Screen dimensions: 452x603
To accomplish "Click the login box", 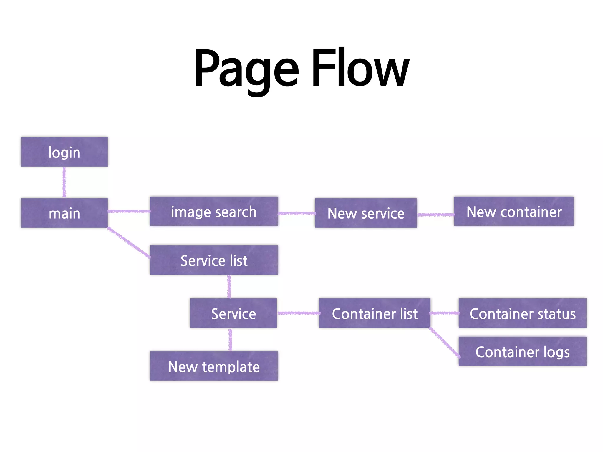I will (64, 152).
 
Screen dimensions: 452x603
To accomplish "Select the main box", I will (64, 213).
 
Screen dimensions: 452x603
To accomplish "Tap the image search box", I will (214, 211).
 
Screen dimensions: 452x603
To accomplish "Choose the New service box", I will (366, 213).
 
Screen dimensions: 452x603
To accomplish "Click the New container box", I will (513, 211).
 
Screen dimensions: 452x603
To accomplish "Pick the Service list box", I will (214, 260).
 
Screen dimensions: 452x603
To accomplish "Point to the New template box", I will (214, 366).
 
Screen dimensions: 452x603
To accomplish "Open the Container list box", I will (375, 313).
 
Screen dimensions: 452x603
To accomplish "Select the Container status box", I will (522, 313).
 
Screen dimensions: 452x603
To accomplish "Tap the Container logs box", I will (522, 351).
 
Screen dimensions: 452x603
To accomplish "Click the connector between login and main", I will (64, 182).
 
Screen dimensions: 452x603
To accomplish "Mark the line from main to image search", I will (129, 211).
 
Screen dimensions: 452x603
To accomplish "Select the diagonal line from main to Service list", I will (129, 242).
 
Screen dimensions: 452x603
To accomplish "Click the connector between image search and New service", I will (296, 213).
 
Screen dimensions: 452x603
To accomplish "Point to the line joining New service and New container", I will (435, 215).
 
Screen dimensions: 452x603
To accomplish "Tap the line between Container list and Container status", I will (445, 313).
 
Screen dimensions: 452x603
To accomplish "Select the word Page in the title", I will (246, 69).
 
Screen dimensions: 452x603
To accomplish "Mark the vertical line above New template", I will (230, 340).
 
